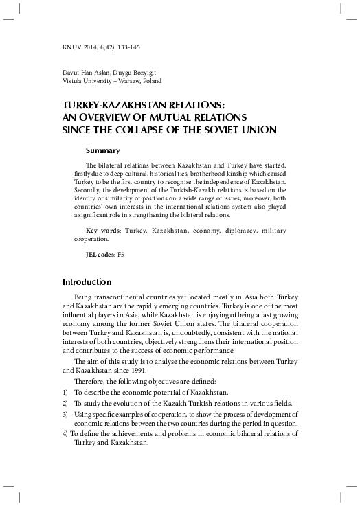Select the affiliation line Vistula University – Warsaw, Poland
point(111,81)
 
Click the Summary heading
point(103,150)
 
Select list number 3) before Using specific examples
point(66,415)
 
